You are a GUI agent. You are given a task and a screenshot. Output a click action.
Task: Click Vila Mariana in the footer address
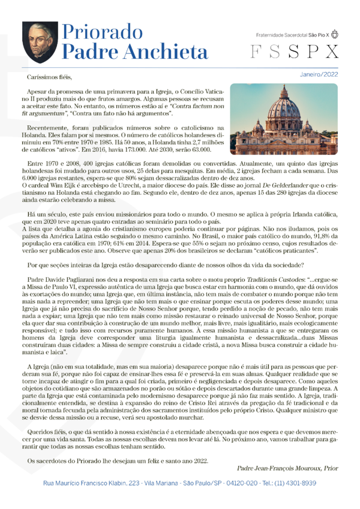pos(158,483)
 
